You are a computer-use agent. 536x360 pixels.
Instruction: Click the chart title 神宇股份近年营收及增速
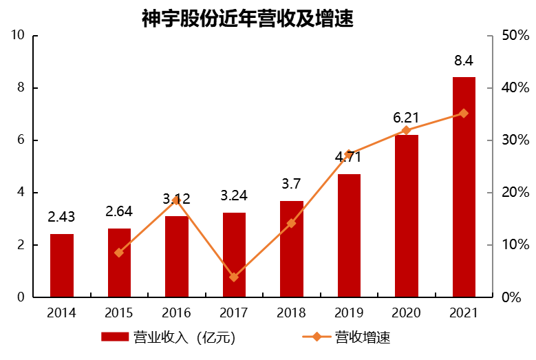pos(247,19)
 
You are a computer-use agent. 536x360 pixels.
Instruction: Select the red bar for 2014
pos(62,266)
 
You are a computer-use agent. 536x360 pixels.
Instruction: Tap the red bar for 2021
pos(464,187)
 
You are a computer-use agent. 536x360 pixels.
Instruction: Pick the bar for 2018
pos(291,249)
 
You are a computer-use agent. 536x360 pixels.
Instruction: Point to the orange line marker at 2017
pos(234,277)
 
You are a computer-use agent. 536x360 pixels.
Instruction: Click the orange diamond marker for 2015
pos(119,253)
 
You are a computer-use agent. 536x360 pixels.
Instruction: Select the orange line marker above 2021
pos(464,114)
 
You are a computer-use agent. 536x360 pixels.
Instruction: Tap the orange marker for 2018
pos(291,223)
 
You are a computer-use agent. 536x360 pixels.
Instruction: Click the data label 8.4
pos(464,62)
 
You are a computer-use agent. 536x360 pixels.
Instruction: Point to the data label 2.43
pos(62,218)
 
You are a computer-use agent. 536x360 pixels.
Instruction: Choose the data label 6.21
pos(406,118)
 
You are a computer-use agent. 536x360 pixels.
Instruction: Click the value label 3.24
pos(234,196)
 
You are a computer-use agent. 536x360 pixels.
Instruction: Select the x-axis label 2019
pos(349,313)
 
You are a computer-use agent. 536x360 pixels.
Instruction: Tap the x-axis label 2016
pos(176,313)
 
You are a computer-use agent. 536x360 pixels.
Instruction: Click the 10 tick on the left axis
pos(19,36)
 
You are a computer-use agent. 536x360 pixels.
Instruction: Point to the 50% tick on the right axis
pos(515,36)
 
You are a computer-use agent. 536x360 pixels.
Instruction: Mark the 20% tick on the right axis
pos(515,193)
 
